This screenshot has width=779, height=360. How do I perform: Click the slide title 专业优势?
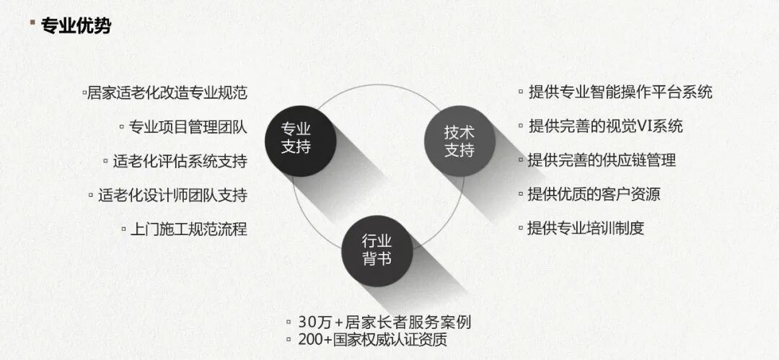click(76, 27)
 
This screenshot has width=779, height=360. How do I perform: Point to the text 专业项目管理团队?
click(188, 127)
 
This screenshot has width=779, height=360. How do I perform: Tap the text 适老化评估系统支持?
click(180, 161)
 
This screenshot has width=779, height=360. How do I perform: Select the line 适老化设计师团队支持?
click(172, 195)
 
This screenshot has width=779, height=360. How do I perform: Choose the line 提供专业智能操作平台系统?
click(620, 92)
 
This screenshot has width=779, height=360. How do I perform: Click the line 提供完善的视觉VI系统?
click(605, 126)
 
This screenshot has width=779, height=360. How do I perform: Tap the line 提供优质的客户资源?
click(594, 194)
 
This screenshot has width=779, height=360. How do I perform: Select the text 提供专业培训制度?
click(586, 228)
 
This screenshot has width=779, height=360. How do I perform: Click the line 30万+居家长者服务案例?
click(384, 322)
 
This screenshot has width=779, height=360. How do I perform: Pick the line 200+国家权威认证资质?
click(377, 338)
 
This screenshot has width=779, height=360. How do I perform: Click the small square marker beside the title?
click(32, 22)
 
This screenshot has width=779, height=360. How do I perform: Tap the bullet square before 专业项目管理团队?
click(122, 127)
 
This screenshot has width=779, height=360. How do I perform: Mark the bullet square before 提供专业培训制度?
click(521, 228)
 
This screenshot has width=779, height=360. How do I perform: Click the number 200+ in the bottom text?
click(314, 338)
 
